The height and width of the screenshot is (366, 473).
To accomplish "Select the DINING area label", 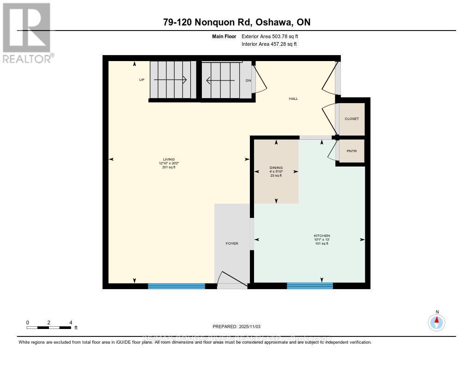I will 276,167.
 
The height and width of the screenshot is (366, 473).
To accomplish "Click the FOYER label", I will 232,243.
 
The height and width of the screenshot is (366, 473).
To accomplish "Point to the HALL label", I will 293,99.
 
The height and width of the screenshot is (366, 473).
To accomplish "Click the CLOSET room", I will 352,119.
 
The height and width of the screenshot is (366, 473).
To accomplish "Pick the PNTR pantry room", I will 352,151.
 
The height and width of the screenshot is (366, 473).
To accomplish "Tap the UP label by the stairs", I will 142,80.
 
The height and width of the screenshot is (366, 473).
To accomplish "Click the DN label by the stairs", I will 248,81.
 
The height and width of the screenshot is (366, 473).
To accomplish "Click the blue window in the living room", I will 176,286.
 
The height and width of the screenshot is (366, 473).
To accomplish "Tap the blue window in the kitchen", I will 309,286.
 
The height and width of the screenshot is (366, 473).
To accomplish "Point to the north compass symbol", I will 437,321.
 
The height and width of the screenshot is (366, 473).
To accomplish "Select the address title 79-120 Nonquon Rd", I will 236,22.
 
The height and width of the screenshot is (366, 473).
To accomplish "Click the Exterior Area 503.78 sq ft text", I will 273,37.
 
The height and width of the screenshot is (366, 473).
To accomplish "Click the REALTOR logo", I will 27,32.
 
